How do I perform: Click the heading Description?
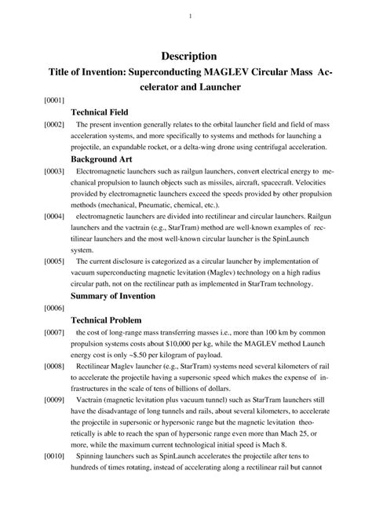coord(189,57)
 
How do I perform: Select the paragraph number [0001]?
coord(33,101)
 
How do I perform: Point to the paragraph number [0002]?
coord(33,125)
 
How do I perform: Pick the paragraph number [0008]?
coord(33,366)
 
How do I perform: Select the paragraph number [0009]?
coord(33,400)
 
